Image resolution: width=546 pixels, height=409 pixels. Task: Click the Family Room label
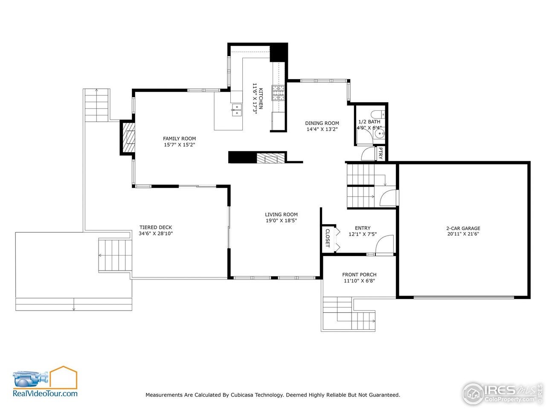pos(179,138)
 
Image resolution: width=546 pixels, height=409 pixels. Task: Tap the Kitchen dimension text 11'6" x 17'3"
pos(255,98)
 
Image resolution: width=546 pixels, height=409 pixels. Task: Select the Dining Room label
pos(322,123)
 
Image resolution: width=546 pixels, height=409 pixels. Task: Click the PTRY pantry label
pos(380,153)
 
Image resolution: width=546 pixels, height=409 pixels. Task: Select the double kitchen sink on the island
pos(236,110)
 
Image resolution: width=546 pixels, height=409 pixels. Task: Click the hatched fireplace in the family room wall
pos(128,138)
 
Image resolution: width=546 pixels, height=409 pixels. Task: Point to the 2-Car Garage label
pos(463,228)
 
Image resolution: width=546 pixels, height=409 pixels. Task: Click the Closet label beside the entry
pos(328,238)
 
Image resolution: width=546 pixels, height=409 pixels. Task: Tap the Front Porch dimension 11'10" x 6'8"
pos(359,281)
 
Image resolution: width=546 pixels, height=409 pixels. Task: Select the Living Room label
pos(281,215)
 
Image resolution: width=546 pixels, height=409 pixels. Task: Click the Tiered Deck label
pos(156,228)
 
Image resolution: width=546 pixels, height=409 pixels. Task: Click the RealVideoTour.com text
pos(45,394)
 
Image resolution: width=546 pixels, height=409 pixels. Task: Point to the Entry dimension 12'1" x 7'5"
pos(363,234)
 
